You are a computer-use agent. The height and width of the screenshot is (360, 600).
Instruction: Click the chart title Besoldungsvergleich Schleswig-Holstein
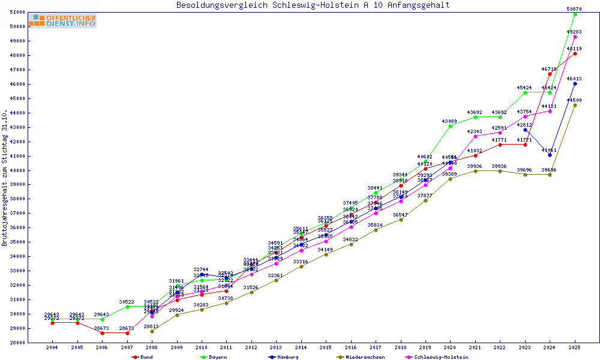[313, 5]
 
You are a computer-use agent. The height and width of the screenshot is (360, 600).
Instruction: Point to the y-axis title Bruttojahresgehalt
[5, 178]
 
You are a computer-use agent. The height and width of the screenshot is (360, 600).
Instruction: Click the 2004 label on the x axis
[52, 347]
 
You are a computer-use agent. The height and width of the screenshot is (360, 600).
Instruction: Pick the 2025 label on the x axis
[575, 347]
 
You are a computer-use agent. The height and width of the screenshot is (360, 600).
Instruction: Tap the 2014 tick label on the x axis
[301, 347]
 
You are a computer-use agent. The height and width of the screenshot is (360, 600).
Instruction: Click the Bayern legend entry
[215, 357]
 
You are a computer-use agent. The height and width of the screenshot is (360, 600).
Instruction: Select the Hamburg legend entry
[285, 357]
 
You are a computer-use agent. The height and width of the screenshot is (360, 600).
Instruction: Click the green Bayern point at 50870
[575, 14]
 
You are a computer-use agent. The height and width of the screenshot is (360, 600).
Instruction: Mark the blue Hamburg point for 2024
[550, 155]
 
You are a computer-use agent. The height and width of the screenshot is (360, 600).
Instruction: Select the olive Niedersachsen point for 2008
[152, 331]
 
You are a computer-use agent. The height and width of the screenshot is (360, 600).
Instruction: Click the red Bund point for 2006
[102, 333]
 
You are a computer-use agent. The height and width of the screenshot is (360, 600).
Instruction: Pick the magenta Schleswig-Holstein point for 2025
[575, 37]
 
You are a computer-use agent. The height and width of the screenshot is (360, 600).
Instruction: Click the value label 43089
[449, 121]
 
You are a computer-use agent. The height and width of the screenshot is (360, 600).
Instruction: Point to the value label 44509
[575, 100]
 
